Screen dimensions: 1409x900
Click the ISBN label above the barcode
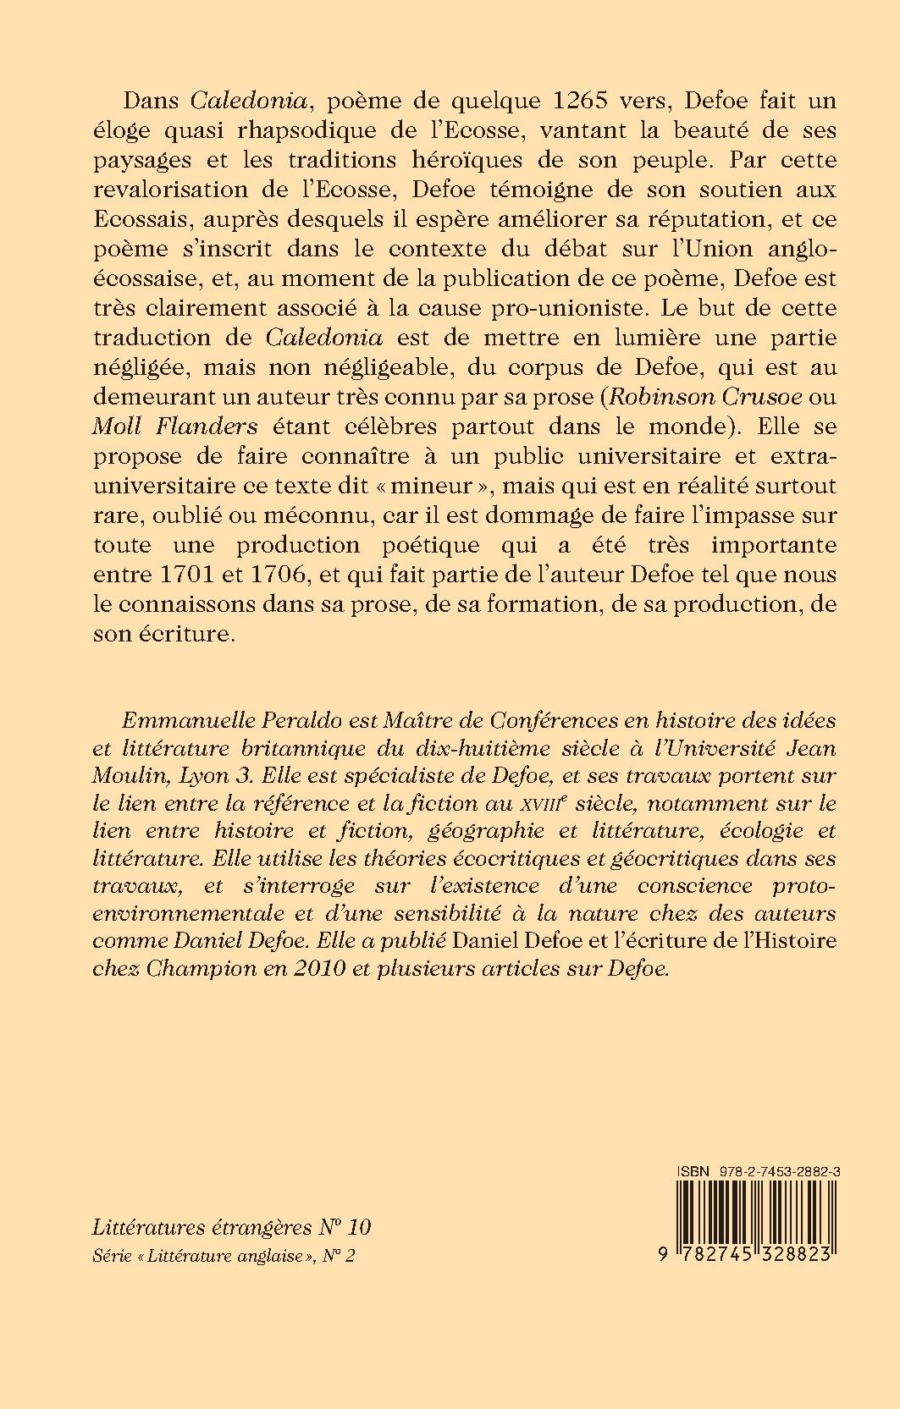coord(691,1170)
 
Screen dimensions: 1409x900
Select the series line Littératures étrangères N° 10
coord(231,1228)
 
